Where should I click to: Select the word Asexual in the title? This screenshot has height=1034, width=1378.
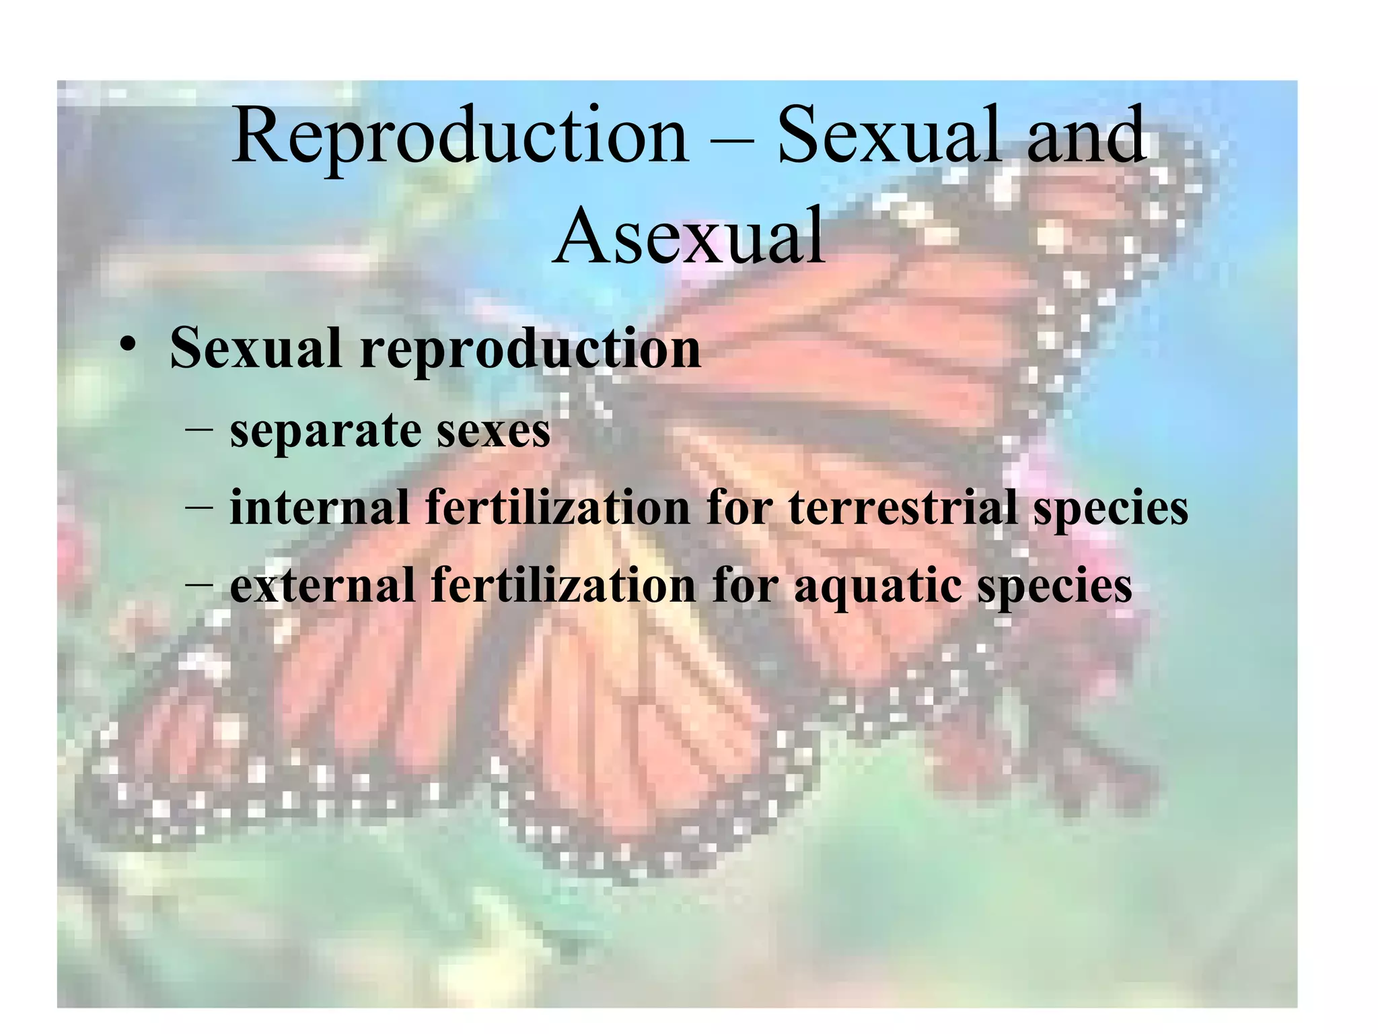(x=689, y=236)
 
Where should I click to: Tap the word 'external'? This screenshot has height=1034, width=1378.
(x=322, y=584)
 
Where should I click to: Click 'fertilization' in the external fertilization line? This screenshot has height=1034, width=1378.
(x=563, y=584)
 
